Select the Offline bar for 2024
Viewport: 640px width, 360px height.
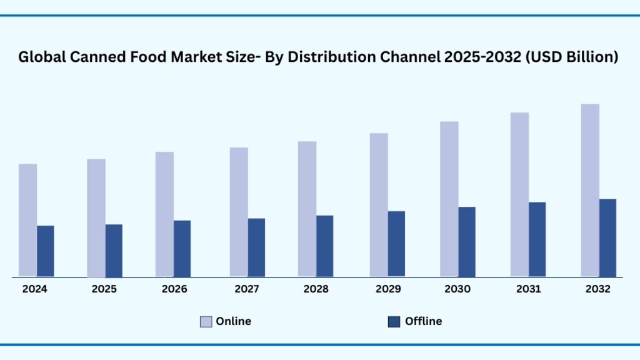[x=45, y=251]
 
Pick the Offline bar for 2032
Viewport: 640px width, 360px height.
[x=607, y=237]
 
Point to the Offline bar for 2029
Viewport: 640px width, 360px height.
[x=396, y=244]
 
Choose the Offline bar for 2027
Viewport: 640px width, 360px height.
[x=256, y=247]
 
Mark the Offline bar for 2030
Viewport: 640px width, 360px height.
[x=467, y=241]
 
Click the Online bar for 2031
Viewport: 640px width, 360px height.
[x=519, y=194]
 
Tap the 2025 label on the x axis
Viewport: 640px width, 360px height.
[x=104, y=289]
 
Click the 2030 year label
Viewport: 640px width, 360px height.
[x=457, y=289]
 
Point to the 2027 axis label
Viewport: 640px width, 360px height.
[x=247, y=289]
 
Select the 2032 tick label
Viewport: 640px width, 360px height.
[x=597, y=289]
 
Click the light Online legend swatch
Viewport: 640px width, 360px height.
[x=206, y=322]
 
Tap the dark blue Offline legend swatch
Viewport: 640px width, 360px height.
[x=394, y=322]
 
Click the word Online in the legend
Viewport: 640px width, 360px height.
[x=234, y=321]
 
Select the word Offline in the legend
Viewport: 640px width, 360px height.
[x=423, y=321]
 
